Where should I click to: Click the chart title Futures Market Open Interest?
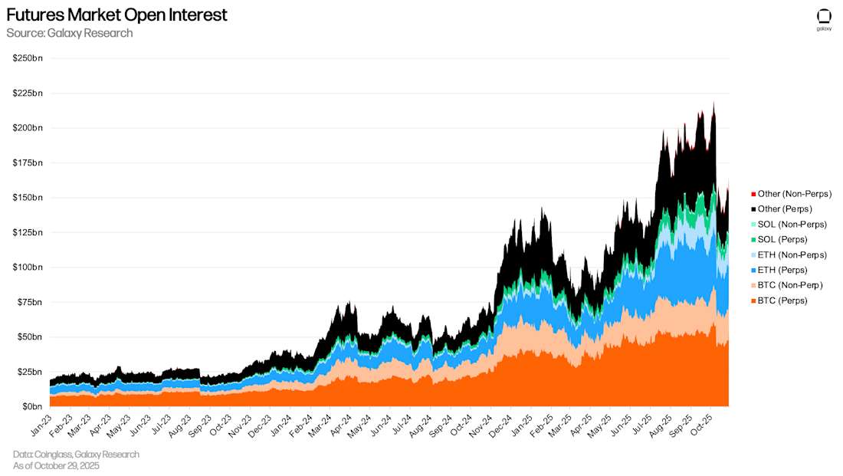click(x=116, y=15)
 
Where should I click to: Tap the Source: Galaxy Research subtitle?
click(x=70, y=33)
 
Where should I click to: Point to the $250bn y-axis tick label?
click(x=28, y=58)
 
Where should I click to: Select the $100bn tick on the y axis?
click(x=28, y=268)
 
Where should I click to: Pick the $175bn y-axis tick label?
click(x=28, y=163)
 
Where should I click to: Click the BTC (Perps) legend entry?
click(x=782, y=300)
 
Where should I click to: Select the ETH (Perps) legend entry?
click(x=782, y=270)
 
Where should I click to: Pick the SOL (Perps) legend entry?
click(x=782, y=240)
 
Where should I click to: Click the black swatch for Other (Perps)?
click(x=753, y=209)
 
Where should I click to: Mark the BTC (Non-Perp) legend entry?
click(x=790, y=285)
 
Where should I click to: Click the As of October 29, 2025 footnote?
click(x=56, y=466)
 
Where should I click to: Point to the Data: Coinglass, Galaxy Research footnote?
click(x=76, y=455)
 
